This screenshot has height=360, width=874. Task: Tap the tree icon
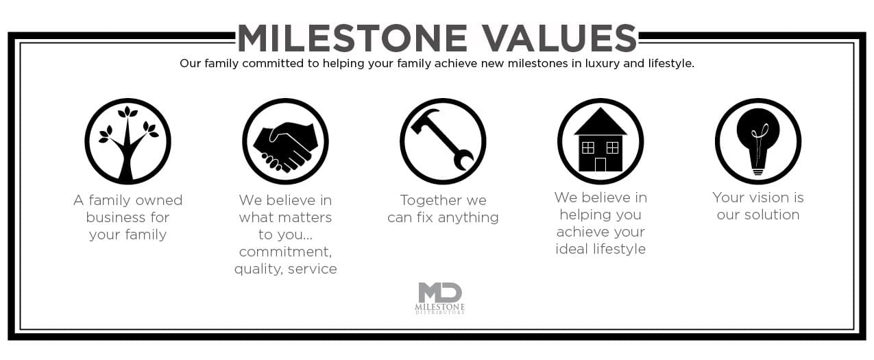point(128,141)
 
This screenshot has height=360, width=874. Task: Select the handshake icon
point(285,141)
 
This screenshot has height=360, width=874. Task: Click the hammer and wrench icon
point(443,141)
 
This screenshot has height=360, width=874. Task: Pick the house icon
point(600,141)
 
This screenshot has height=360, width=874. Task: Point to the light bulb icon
point(758,141)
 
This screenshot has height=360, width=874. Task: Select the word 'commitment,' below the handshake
point(285,252)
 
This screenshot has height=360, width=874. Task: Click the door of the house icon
point(600,165)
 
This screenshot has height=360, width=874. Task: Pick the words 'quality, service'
point(285,269)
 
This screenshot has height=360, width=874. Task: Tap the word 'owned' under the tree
point(158,200)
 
